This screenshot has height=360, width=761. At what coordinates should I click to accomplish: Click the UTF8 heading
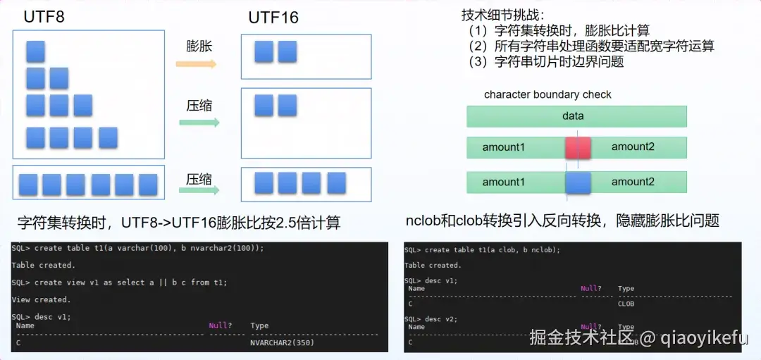click(x=44, y=16)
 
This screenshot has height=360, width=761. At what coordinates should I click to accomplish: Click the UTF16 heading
click(x=273, y=17)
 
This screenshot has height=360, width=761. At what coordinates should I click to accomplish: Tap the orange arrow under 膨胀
click(x=196, y=64)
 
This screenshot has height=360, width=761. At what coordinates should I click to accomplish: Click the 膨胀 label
click(x=199, y=46)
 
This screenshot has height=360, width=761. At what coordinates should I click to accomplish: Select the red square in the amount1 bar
click(x=577, y=147)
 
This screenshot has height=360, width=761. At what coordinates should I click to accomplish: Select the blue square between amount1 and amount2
click(x=577, y=182)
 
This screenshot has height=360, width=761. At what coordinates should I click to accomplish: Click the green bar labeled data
click(x=576, y=116)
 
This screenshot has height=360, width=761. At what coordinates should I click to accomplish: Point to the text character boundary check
click(x=547, y=94)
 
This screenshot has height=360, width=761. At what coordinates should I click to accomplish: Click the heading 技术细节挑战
click(x=503, y=14)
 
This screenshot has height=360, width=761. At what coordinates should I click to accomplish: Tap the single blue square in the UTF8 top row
click(x=35, y=51)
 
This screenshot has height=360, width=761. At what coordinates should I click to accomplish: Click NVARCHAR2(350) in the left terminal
click(x=282, y=343)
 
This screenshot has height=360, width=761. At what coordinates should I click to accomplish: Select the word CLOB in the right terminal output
click(x=626, y=304)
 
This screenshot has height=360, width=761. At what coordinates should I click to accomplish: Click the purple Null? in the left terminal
click(x=220, y=325)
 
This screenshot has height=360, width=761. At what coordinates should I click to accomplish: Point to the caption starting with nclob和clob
click(x=562, y=221)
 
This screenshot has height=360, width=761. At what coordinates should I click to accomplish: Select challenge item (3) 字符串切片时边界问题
click(x=546, y=61)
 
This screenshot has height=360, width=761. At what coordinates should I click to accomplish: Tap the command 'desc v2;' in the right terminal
click(x=441, y=318)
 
